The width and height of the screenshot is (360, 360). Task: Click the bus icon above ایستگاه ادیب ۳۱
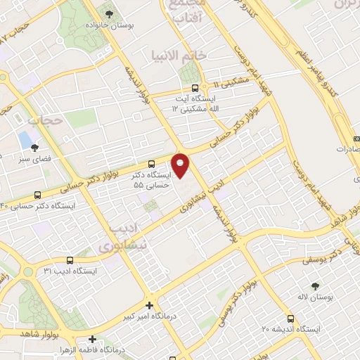click(x=69, y=260)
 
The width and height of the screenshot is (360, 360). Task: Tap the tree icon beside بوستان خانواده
click(x=108, y=13)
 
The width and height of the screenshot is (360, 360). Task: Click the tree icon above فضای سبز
click(x=34, y=147)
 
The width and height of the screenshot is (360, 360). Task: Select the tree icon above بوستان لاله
click(x=314, y=286)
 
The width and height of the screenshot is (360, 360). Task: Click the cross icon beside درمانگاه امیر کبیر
click(x=149, y=305)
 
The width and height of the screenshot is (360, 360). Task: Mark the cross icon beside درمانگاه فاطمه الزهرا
click(x=91, y=340)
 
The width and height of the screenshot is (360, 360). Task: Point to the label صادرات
click(x=346, y=150)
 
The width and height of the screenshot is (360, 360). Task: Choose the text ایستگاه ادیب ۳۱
click(x=69, y=271)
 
